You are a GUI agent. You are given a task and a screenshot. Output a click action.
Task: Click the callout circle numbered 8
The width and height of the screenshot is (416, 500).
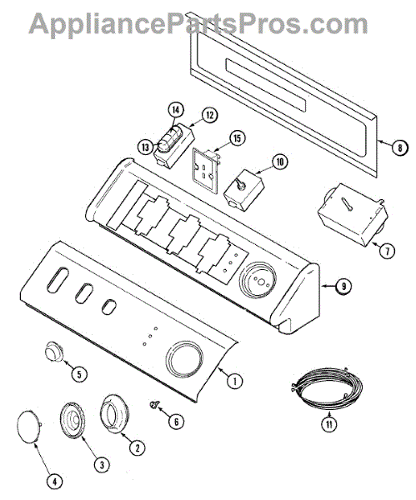pos(399,147)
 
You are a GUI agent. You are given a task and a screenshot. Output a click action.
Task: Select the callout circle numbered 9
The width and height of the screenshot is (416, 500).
pos(343,286)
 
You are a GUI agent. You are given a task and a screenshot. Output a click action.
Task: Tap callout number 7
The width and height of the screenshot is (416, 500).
pos(387,251)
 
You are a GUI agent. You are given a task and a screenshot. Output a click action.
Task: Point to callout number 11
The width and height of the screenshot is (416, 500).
pos(329,424)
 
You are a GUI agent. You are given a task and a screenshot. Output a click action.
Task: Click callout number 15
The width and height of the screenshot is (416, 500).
pos(238,138)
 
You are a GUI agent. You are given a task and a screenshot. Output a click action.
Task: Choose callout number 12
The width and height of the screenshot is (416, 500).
pos(209,115)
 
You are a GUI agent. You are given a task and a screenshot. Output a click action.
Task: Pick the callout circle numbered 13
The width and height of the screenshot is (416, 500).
pos(146,147)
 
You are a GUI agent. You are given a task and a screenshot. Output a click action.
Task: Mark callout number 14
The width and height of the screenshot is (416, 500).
pos(176,110)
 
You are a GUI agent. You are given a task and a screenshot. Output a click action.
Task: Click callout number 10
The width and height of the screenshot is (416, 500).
pos(279,162)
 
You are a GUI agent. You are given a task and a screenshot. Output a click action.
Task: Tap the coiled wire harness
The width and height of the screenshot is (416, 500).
pos(327,387)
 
